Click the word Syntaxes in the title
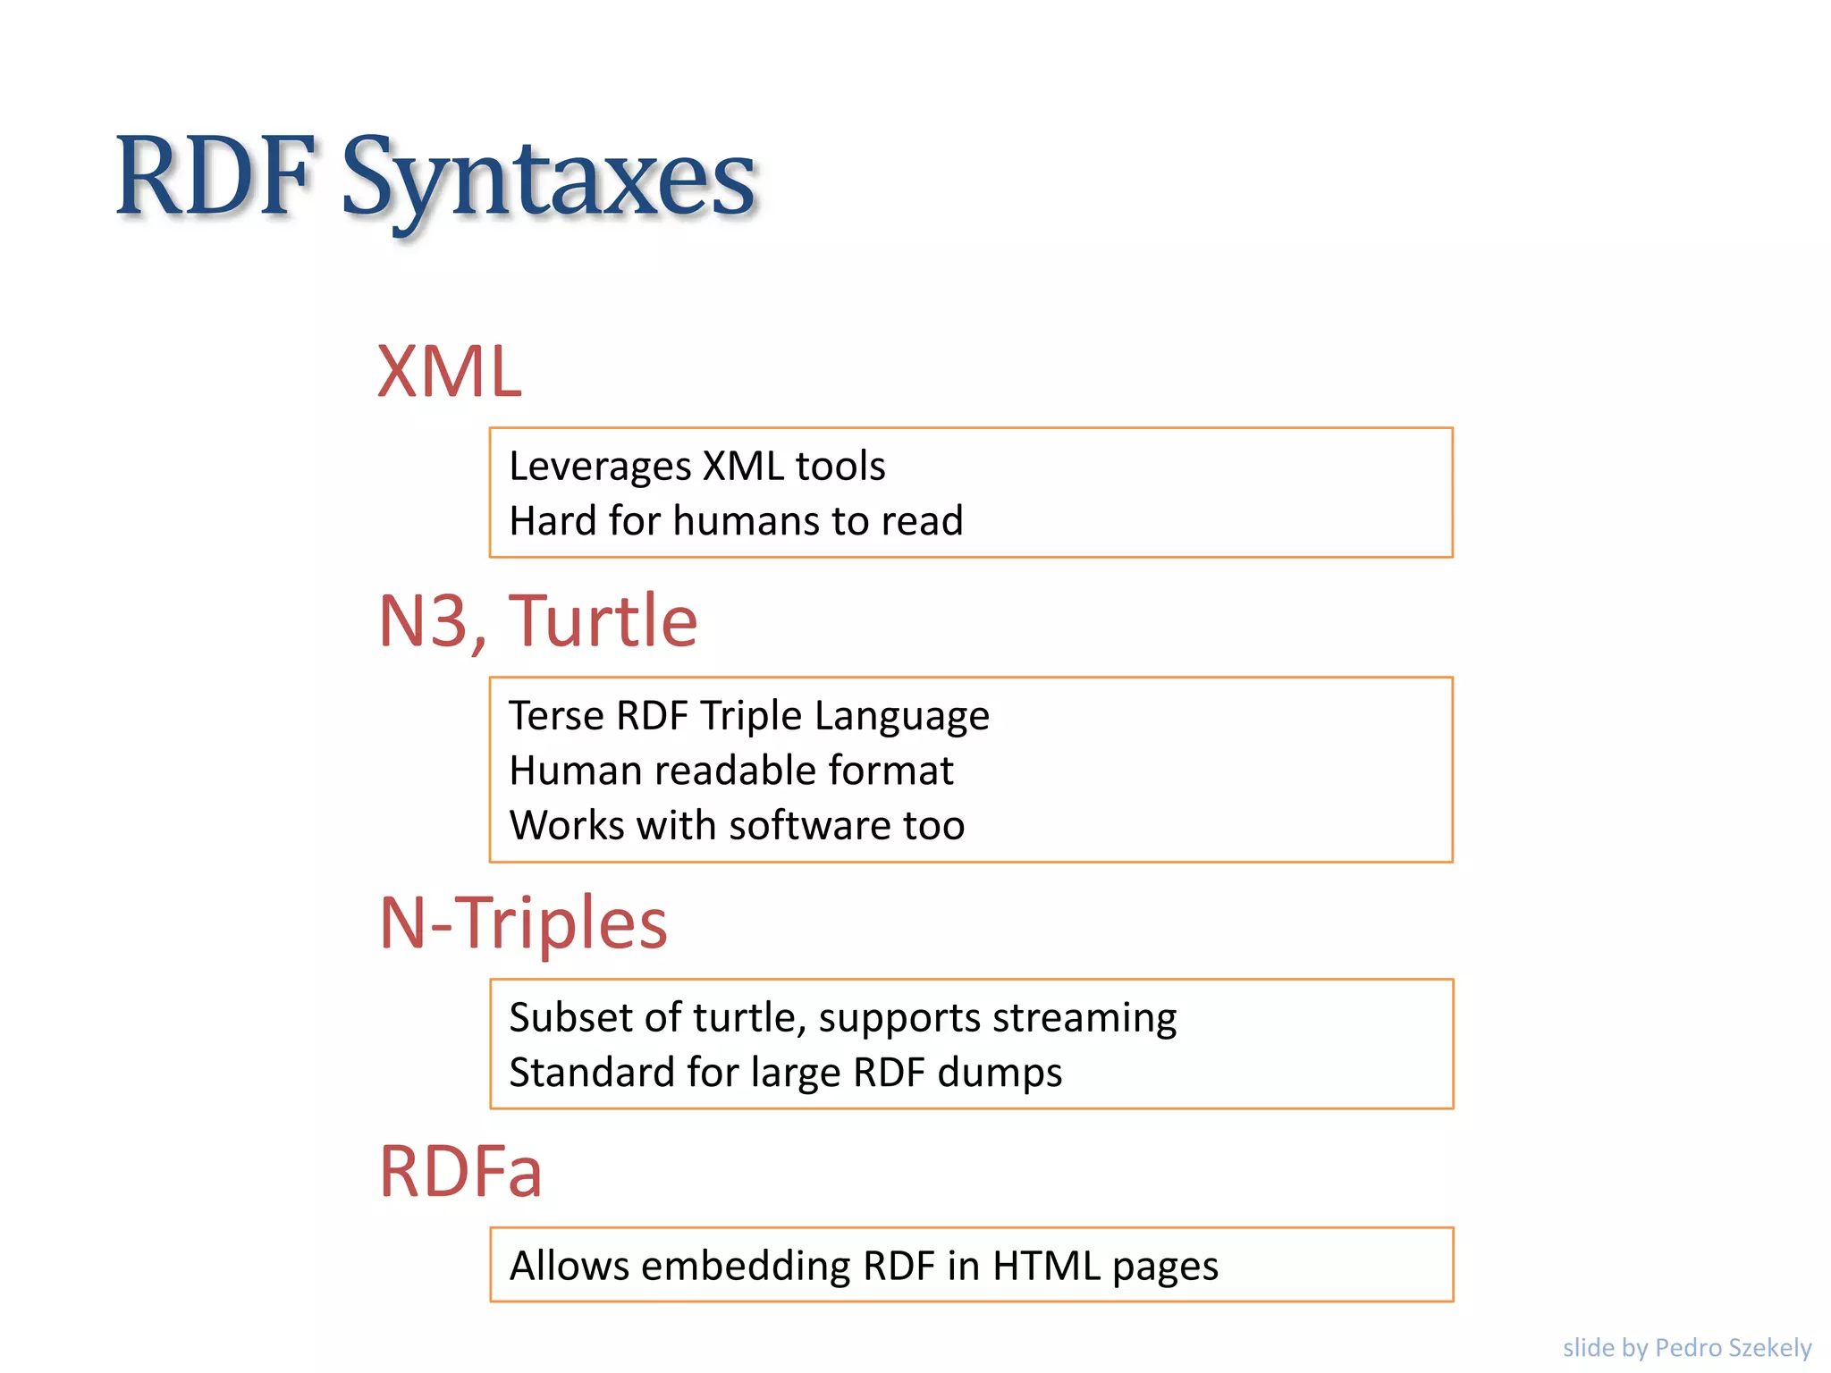[548, 179]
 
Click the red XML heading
[449, 371]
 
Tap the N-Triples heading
[523, 922]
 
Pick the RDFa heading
[460, 1171]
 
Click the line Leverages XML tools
[696, 467]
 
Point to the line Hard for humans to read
[736, 521]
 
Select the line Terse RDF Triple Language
[749, 716]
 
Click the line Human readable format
[731, 771]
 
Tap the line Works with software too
[737, 825]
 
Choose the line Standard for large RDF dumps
[785, 1073]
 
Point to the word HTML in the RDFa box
[1046, 1266]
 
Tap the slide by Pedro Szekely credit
[1686, 1347]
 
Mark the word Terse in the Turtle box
[556, 716]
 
